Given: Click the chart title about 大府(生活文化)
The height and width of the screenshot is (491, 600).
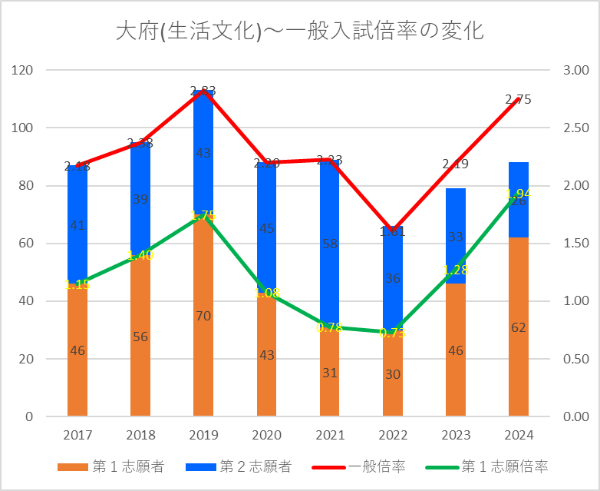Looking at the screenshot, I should (299, 32).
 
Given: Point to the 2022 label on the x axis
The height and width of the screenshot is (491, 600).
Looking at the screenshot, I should (393, 436).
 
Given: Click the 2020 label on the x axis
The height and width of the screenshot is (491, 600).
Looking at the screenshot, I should (267, 436).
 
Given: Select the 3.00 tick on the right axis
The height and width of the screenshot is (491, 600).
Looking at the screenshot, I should (575, 71).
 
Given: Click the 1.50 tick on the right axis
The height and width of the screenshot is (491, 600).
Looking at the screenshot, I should (575, 244).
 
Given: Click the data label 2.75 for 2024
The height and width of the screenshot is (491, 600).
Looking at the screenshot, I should (518, 99).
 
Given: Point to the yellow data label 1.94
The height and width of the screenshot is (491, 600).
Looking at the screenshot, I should (518, 193).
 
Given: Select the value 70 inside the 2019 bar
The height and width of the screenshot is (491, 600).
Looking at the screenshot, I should (203, 316).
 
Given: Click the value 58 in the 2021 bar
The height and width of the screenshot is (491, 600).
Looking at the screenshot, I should (329, 244).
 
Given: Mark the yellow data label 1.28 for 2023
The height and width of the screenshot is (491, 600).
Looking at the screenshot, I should (456, 270).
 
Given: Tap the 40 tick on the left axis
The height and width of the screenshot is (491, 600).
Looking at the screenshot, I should (28, 301).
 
